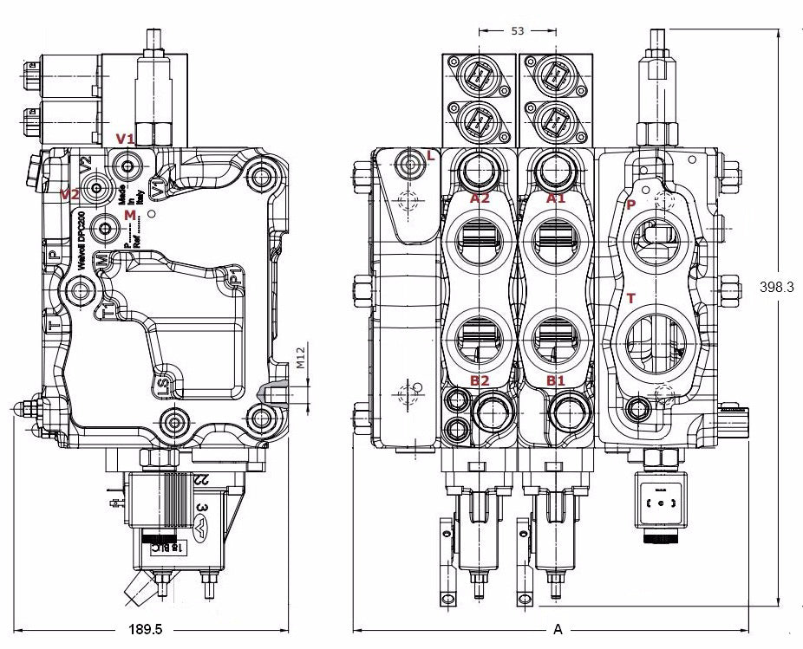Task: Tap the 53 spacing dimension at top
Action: tap(518, 31)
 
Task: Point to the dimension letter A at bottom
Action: tap(558, 629)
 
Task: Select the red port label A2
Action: tap(480, 198)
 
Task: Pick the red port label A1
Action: tap(555, 198)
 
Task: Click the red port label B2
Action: tap(480, 380)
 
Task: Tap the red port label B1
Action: tap(555, 380)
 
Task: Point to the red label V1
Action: tap(126, 139)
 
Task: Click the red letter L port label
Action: tap(431, 155)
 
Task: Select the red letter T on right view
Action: tap(630, 298)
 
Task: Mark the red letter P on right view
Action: tap(630, 204)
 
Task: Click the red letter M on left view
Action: tap(129, 213)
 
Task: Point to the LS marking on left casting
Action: tap(162, 382)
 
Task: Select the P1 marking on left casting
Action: tap(234, 279)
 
